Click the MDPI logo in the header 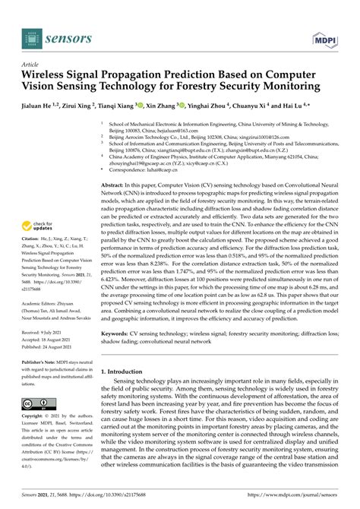[x=326, y=35]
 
